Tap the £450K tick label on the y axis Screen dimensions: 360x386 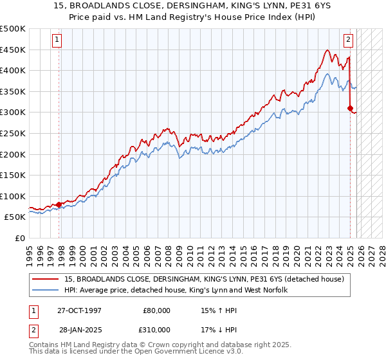coord(13,50)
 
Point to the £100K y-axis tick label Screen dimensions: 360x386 coord(13,196)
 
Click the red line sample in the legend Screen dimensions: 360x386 coord(46,279)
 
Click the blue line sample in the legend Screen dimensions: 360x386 coord(46,291)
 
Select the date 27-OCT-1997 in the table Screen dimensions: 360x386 coord(80,310)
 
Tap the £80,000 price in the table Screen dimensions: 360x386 coord(156,310)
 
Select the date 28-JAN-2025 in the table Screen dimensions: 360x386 coord(80,329)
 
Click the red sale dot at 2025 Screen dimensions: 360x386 coord(350,108)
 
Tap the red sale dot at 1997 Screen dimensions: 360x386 coord(59,204)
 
